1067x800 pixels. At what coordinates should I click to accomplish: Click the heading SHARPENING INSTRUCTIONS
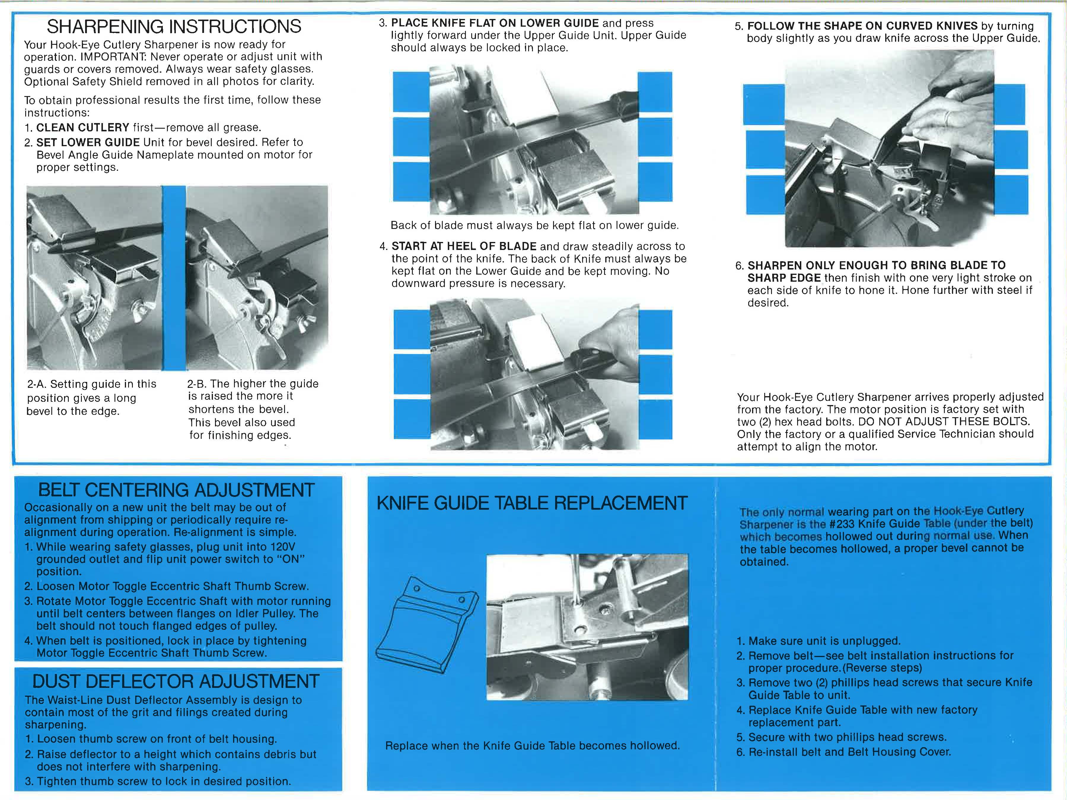pos(174,26)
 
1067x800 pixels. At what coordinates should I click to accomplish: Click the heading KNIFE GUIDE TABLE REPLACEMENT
pos(531,503)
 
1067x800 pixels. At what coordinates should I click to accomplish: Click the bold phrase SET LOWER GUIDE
pos(88,143)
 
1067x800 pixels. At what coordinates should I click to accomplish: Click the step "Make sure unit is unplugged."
pos(824,641)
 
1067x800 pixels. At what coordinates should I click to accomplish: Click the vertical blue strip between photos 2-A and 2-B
pos(174,277)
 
